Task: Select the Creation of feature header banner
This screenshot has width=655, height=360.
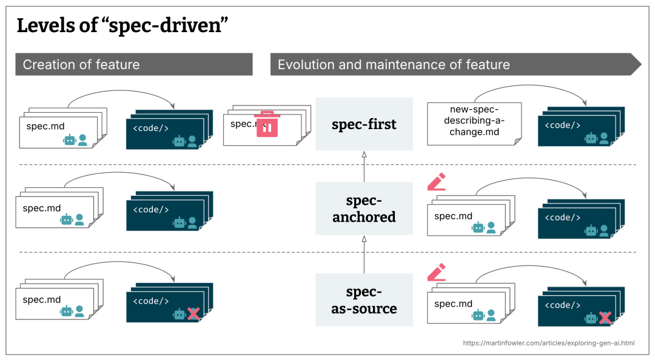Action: coord(133,64)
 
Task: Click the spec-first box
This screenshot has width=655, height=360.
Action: coord(364,124)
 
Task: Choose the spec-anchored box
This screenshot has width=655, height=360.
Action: coord(364,208)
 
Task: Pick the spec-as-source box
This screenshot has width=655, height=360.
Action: coord(364,300)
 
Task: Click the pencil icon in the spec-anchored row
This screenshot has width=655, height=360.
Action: coord(437,182)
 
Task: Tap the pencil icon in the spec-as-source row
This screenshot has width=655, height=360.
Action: coord(437,272)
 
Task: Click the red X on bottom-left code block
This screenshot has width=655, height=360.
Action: coord(193,313)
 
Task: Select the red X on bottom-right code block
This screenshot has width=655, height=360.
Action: coord(605,318)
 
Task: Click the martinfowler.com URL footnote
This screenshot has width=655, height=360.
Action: coord(549,343)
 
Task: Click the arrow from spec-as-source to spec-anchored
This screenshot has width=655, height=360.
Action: coord(364,255)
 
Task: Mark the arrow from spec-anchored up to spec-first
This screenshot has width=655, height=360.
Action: coord(364,167)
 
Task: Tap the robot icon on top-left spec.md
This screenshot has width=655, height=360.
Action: coord(70,141)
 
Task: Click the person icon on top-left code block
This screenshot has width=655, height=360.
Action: coord(192,141)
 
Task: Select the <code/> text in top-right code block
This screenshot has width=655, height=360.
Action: coord(562,125)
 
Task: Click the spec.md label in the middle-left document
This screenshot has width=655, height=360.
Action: coord(42,208)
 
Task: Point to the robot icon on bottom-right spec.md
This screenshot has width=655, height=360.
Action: coord(479,315)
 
